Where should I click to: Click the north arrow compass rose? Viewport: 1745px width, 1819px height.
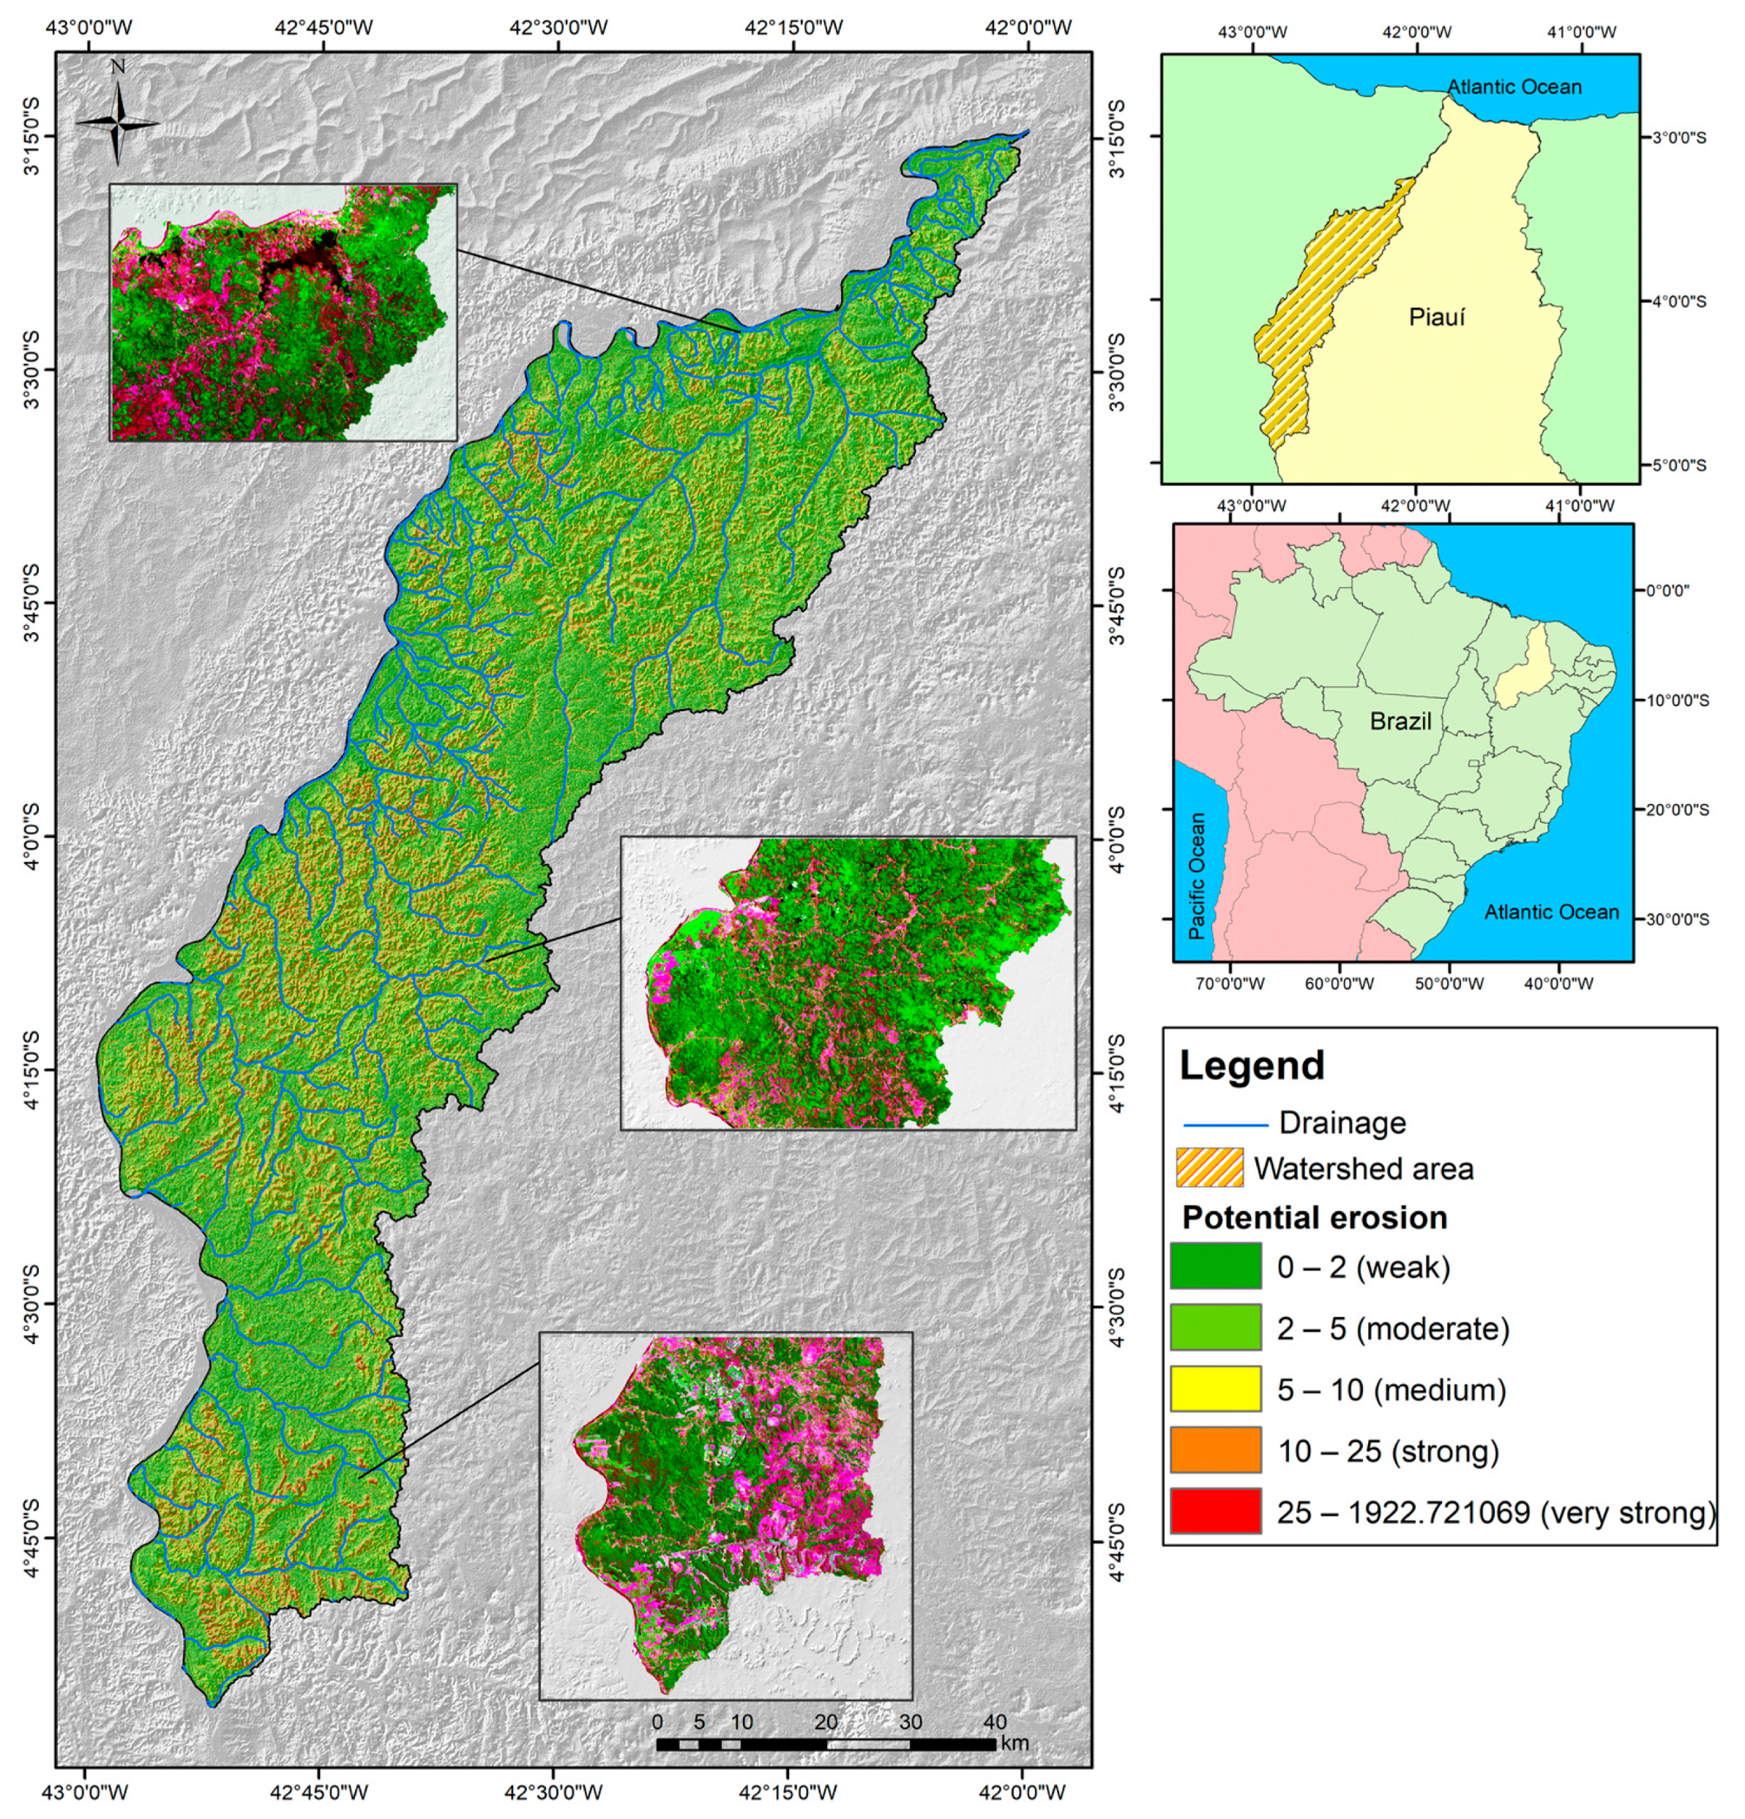tap(117, 121)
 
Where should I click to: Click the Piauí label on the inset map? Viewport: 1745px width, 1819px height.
tap(1436, 317)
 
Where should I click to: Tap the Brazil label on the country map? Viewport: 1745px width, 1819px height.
tap(1400, 721)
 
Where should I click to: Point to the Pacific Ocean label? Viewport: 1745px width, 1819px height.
tap(1197, 876)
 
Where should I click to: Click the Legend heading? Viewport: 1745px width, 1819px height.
tap(1250, 1065)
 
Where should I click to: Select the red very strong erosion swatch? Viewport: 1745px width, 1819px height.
tap(1214, 1511)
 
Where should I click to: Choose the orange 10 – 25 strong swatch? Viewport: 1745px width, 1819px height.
tap(1214, 1449)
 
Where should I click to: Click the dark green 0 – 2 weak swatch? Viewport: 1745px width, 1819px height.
tap(1214, 1266)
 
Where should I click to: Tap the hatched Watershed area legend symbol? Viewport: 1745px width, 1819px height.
tap(1208, 1168)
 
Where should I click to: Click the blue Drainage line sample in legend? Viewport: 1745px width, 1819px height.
tap(1225, 1125)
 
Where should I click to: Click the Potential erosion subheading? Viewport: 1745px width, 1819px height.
tap(1315, 1217)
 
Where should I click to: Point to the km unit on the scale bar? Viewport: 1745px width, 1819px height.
tap(1015, 1744)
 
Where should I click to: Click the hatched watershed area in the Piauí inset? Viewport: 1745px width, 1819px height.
tap(1318, 307)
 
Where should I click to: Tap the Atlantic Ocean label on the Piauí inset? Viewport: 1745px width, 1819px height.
tap(1513, 86)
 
